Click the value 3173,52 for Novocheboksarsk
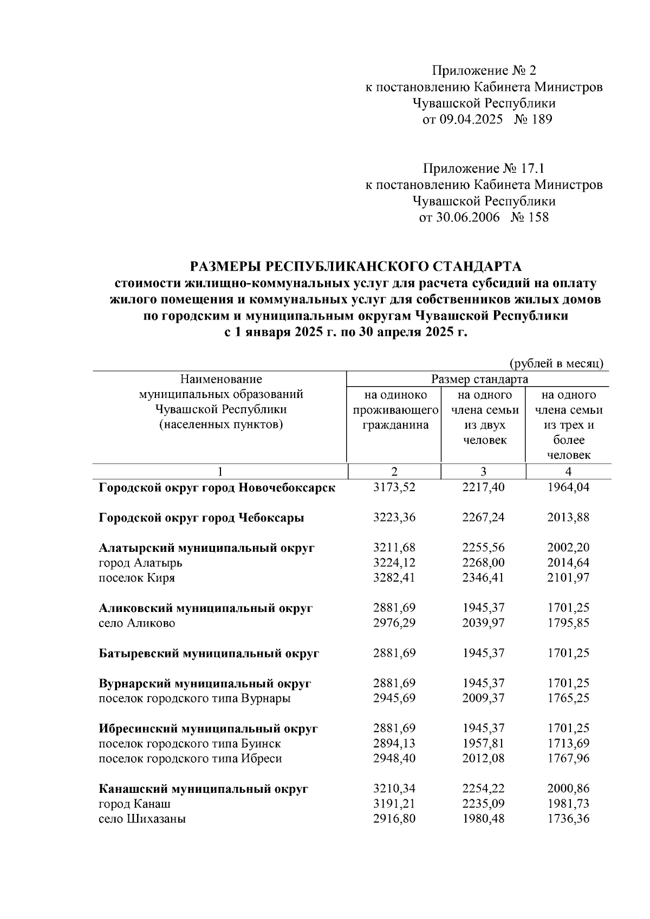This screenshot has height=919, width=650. pos(394,487)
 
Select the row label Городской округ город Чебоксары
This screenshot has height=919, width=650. pos(201,518)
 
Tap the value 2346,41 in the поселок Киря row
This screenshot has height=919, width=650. pos(483,578)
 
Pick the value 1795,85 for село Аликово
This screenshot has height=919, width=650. pos(568,623)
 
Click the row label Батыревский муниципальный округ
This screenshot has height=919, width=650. pos(209,654)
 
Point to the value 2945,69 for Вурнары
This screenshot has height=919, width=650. pos(394,699)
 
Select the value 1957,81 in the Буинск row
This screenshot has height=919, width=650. pos(483,744)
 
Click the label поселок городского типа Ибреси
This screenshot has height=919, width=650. pos(190,759)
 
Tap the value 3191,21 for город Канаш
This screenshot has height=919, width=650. pos(394,804)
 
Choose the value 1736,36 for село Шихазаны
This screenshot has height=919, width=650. pos(568,819)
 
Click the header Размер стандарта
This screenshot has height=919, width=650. pos(479,379)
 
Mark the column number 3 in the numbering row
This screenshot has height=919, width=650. pos(483,471)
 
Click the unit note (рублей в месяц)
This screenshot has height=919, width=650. pos(556,364)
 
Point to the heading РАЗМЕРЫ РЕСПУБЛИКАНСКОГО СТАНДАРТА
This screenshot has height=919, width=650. pos(355,266)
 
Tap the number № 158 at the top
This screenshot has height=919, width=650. pos(529,217)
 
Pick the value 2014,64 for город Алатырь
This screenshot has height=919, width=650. pos(568,563)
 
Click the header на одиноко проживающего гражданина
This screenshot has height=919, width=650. pos(395,410)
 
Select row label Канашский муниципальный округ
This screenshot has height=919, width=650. pos(203,789)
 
